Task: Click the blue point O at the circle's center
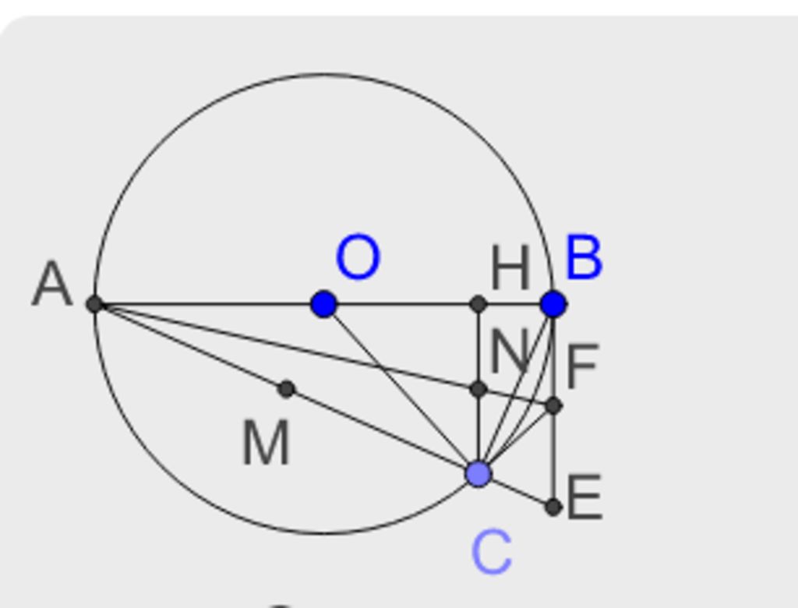[x=323, y=304]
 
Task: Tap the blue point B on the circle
[x=554, y=304]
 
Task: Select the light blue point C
[x=478, y=474]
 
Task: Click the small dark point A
[x=94, y=304]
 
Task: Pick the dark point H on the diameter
[x=478, y=304]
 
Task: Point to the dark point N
[x=478, y=390]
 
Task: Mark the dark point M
[x=287, y=389]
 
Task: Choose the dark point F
[x=554, y=406]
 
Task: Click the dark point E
[x=554, y=507]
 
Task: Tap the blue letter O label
[x=358, y=257]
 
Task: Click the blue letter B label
[x=584, y=257]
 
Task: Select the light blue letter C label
[x=492, y=552]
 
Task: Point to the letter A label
[x=52, y=285]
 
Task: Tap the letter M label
[x=267, y=444]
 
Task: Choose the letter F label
[x=582, y=365]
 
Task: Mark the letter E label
[x=584, y=497]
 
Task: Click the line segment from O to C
[x=401, y=389]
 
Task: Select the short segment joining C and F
[x=516, y=440]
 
